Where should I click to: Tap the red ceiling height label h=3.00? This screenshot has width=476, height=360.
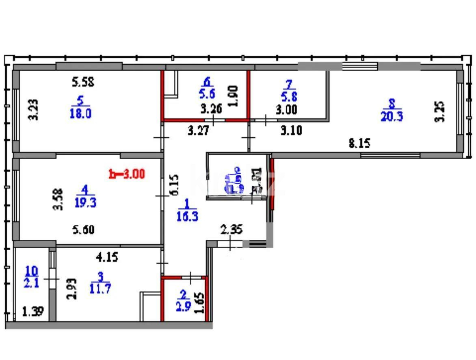coord(127,174)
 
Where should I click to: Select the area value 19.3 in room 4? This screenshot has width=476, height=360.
coord(86,202)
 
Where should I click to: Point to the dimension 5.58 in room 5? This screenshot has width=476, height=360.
coord(83,82)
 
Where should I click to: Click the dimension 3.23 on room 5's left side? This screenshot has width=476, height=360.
coord(35,110)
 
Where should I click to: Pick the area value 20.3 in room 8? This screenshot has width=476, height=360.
coord(392,117)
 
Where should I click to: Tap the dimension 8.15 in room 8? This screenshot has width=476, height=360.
coord(359,143)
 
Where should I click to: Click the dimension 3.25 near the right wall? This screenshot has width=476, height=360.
coord(441,112)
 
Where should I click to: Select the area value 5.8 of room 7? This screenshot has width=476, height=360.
coord(289,98)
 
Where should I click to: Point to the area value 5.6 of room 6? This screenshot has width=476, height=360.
coord(207,93)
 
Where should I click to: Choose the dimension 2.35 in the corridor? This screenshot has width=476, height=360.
coord(232,230)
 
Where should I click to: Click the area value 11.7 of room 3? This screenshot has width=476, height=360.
coord(100,289)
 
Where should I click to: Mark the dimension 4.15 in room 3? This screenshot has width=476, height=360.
coord(107,257)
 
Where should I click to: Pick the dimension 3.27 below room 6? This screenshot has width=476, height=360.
coord(199,131)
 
